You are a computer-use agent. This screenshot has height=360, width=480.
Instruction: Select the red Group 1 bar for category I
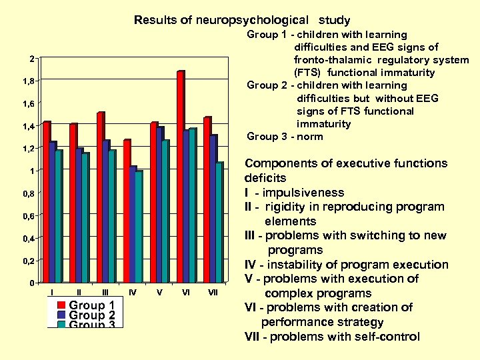[46, 203]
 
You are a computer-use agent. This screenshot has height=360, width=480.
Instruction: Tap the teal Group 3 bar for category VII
[219, 223]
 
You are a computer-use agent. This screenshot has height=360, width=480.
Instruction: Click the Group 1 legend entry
[86, 306]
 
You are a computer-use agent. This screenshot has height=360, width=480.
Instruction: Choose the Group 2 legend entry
[86, 315]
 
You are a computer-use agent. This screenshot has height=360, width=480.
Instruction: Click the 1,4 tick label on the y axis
[27, 127]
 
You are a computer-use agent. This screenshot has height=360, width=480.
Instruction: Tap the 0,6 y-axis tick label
[27, 216]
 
